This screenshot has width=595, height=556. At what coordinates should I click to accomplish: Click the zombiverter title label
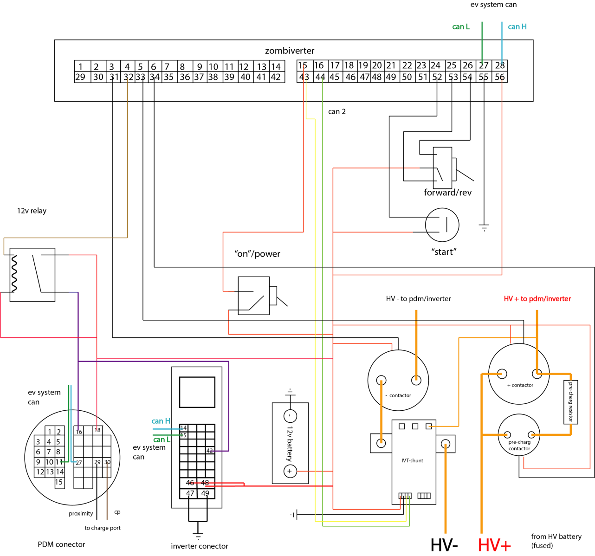(289, 51)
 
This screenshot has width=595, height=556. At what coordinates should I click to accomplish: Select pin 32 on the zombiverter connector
(129, 77)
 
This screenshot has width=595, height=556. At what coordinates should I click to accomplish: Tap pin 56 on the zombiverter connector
(499, 77)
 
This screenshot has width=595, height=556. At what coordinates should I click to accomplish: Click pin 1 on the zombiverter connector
(81, 66)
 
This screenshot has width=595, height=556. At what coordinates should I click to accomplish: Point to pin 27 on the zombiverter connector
(484, 65)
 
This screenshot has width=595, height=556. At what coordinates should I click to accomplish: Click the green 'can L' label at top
(461, 27)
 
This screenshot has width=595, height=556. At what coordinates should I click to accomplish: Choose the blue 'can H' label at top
(517, 27)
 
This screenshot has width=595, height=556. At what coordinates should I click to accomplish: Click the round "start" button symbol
(442, 225)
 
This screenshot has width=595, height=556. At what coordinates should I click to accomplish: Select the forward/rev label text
(447, 193)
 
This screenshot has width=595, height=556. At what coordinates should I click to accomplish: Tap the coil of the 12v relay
(14, 274)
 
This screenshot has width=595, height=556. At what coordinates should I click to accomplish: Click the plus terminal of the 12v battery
(290, 471)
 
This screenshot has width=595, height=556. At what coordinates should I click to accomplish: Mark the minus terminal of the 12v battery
(290, 416)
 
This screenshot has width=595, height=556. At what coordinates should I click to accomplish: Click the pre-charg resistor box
(570, 402)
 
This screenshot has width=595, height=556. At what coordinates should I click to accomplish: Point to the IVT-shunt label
(412, 460)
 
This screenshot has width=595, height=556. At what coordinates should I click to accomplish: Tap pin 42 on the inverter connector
(209, 450)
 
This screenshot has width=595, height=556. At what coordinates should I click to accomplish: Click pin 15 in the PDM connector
(59, 482)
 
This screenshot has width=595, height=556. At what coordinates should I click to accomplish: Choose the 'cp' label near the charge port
(117, 512)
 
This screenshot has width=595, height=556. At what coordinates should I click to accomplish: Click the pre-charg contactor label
(519, 445)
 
